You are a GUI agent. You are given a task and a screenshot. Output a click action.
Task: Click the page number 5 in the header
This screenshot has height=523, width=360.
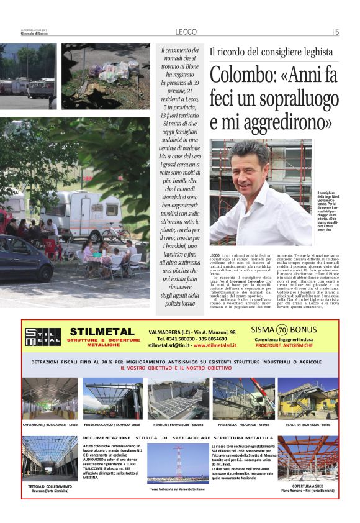tap(337, 32)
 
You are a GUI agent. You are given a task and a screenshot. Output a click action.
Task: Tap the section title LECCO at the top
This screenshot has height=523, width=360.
tap(186, 32)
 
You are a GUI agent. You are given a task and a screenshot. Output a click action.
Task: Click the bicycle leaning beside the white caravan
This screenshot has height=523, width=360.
tap(115, 232)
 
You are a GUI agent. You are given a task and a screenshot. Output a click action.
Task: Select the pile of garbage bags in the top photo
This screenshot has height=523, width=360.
tap(112, 71)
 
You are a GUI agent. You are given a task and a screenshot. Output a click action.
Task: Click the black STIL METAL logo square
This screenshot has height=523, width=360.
tap(43, 336)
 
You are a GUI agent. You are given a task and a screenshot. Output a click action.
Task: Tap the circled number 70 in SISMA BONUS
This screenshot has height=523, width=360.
tap(282, 330)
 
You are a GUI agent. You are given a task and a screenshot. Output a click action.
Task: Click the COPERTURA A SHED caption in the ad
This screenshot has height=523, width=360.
tap(308, 486)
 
